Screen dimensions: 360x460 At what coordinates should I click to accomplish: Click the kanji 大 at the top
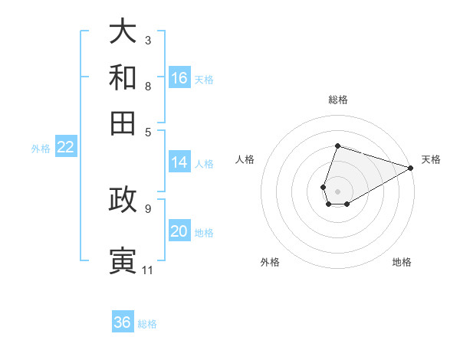pos(123,31)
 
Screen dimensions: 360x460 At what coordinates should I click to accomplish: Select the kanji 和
pos(123,77)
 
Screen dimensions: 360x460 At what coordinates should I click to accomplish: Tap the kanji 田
pos(123,123)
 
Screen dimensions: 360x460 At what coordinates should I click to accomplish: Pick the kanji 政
pos(123,198)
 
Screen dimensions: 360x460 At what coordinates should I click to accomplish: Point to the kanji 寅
pos(123,260)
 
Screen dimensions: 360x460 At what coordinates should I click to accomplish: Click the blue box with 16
pos(179,77)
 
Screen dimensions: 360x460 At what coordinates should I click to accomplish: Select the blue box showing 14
pos(179,162)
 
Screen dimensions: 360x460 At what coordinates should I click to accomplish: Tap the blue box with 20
pos(179,231)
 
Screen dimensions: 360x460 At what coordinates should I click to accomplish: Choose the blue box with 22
pos(65,147)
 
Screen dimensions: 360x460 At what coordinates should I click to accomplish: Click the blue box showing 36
pos(123,322)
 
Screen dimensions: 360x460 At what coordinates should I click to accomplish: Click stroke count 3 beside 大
pos(148,40)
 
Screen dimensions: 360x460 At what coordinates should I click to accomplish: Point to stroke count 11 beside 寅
pos(147,270)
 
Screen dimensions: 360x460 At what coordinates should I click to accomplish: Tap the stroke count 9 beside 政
pos(147,208)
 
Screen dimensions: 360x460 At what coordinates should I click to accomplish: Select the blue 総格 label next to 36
pos(147,324)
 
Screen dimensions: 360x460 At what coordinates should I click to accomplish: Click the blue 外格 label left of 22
pos(40,149)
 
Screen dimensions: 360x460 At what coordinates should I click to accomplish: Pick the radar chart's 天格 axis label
pos(431,159)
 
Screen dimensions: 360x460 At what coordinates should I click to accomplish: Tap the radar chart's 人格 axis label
pos(245,159)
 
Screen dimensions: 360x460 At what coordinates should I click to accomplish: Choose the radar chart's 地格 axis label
pos(402,262)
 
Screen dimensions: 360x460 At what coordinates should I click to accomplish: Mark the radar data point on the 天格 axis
pos(410,168)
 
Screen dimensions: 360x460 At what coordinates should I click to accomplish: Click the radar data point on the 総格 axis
pos(337,146)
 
